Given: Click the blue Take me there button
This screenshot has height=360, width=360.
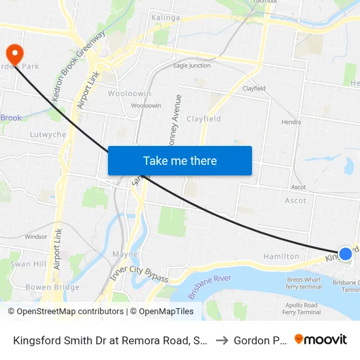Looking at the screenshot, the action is coord(180,160).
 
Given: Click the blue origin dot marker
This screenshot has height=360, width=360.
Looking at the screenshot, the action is coord(345,253).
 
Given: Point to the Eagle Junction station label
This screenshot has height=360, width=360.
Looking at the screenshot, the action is coord(192,65).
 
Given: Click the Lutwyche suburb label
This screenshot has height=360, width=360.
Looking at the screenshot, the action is coord(48,134).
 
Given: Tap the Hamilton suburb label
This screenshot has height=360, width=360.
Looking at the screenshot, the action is coord(281,257).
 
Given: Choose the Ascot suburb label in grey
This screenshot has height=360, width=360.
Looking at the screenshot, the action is coord(295,200).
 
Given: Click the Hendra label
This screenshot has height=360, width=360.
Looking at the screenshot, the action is coord(291,122).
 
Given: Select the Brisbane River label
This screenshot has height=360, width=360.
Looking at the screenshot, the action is coord(210,287).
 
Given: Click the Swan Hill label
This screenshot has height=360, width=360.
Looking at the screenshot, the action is coord(28,264).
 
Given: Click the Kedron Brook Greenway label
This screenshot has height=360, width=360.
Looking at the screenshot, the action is coord(78,66).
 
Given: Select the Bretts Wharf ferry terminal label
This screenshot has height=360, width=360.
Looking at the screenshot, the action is coord(303,283).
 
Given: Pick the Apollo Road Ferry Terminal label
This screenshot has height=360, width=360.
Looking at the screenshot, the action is coord(302,309).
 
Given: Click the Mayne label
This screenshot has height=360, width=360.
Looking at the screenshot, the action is coord(124,254).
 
